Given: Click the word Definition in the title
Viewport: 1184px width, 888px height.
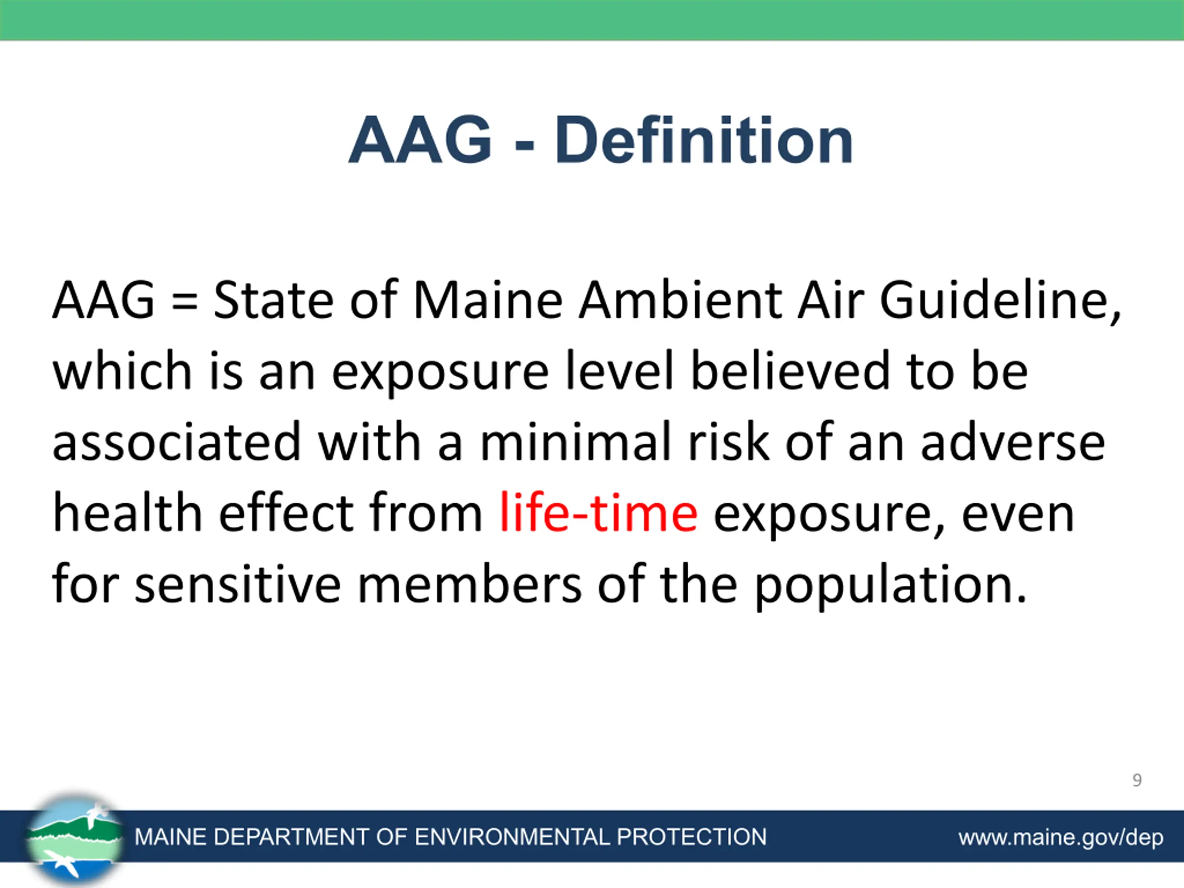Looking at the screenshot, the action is coord(703,140).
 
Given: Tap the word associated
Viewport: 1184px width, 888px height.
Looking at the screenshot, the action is coord(177,442).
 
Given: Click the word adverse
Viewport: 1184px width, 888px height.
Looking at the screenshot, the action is coord(1013,442).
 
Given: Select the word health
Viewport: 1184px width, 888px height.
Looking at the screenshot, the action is coord(127,512).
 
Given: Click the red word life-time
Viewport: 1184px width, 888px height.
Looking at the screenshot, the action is coord(598,512).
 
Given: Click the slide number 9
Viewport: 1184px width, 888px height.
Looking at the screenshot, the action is coord(1137,780).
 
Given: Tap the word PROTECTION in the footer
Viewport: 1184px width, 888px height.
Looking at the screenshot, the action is coord(691,837).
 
